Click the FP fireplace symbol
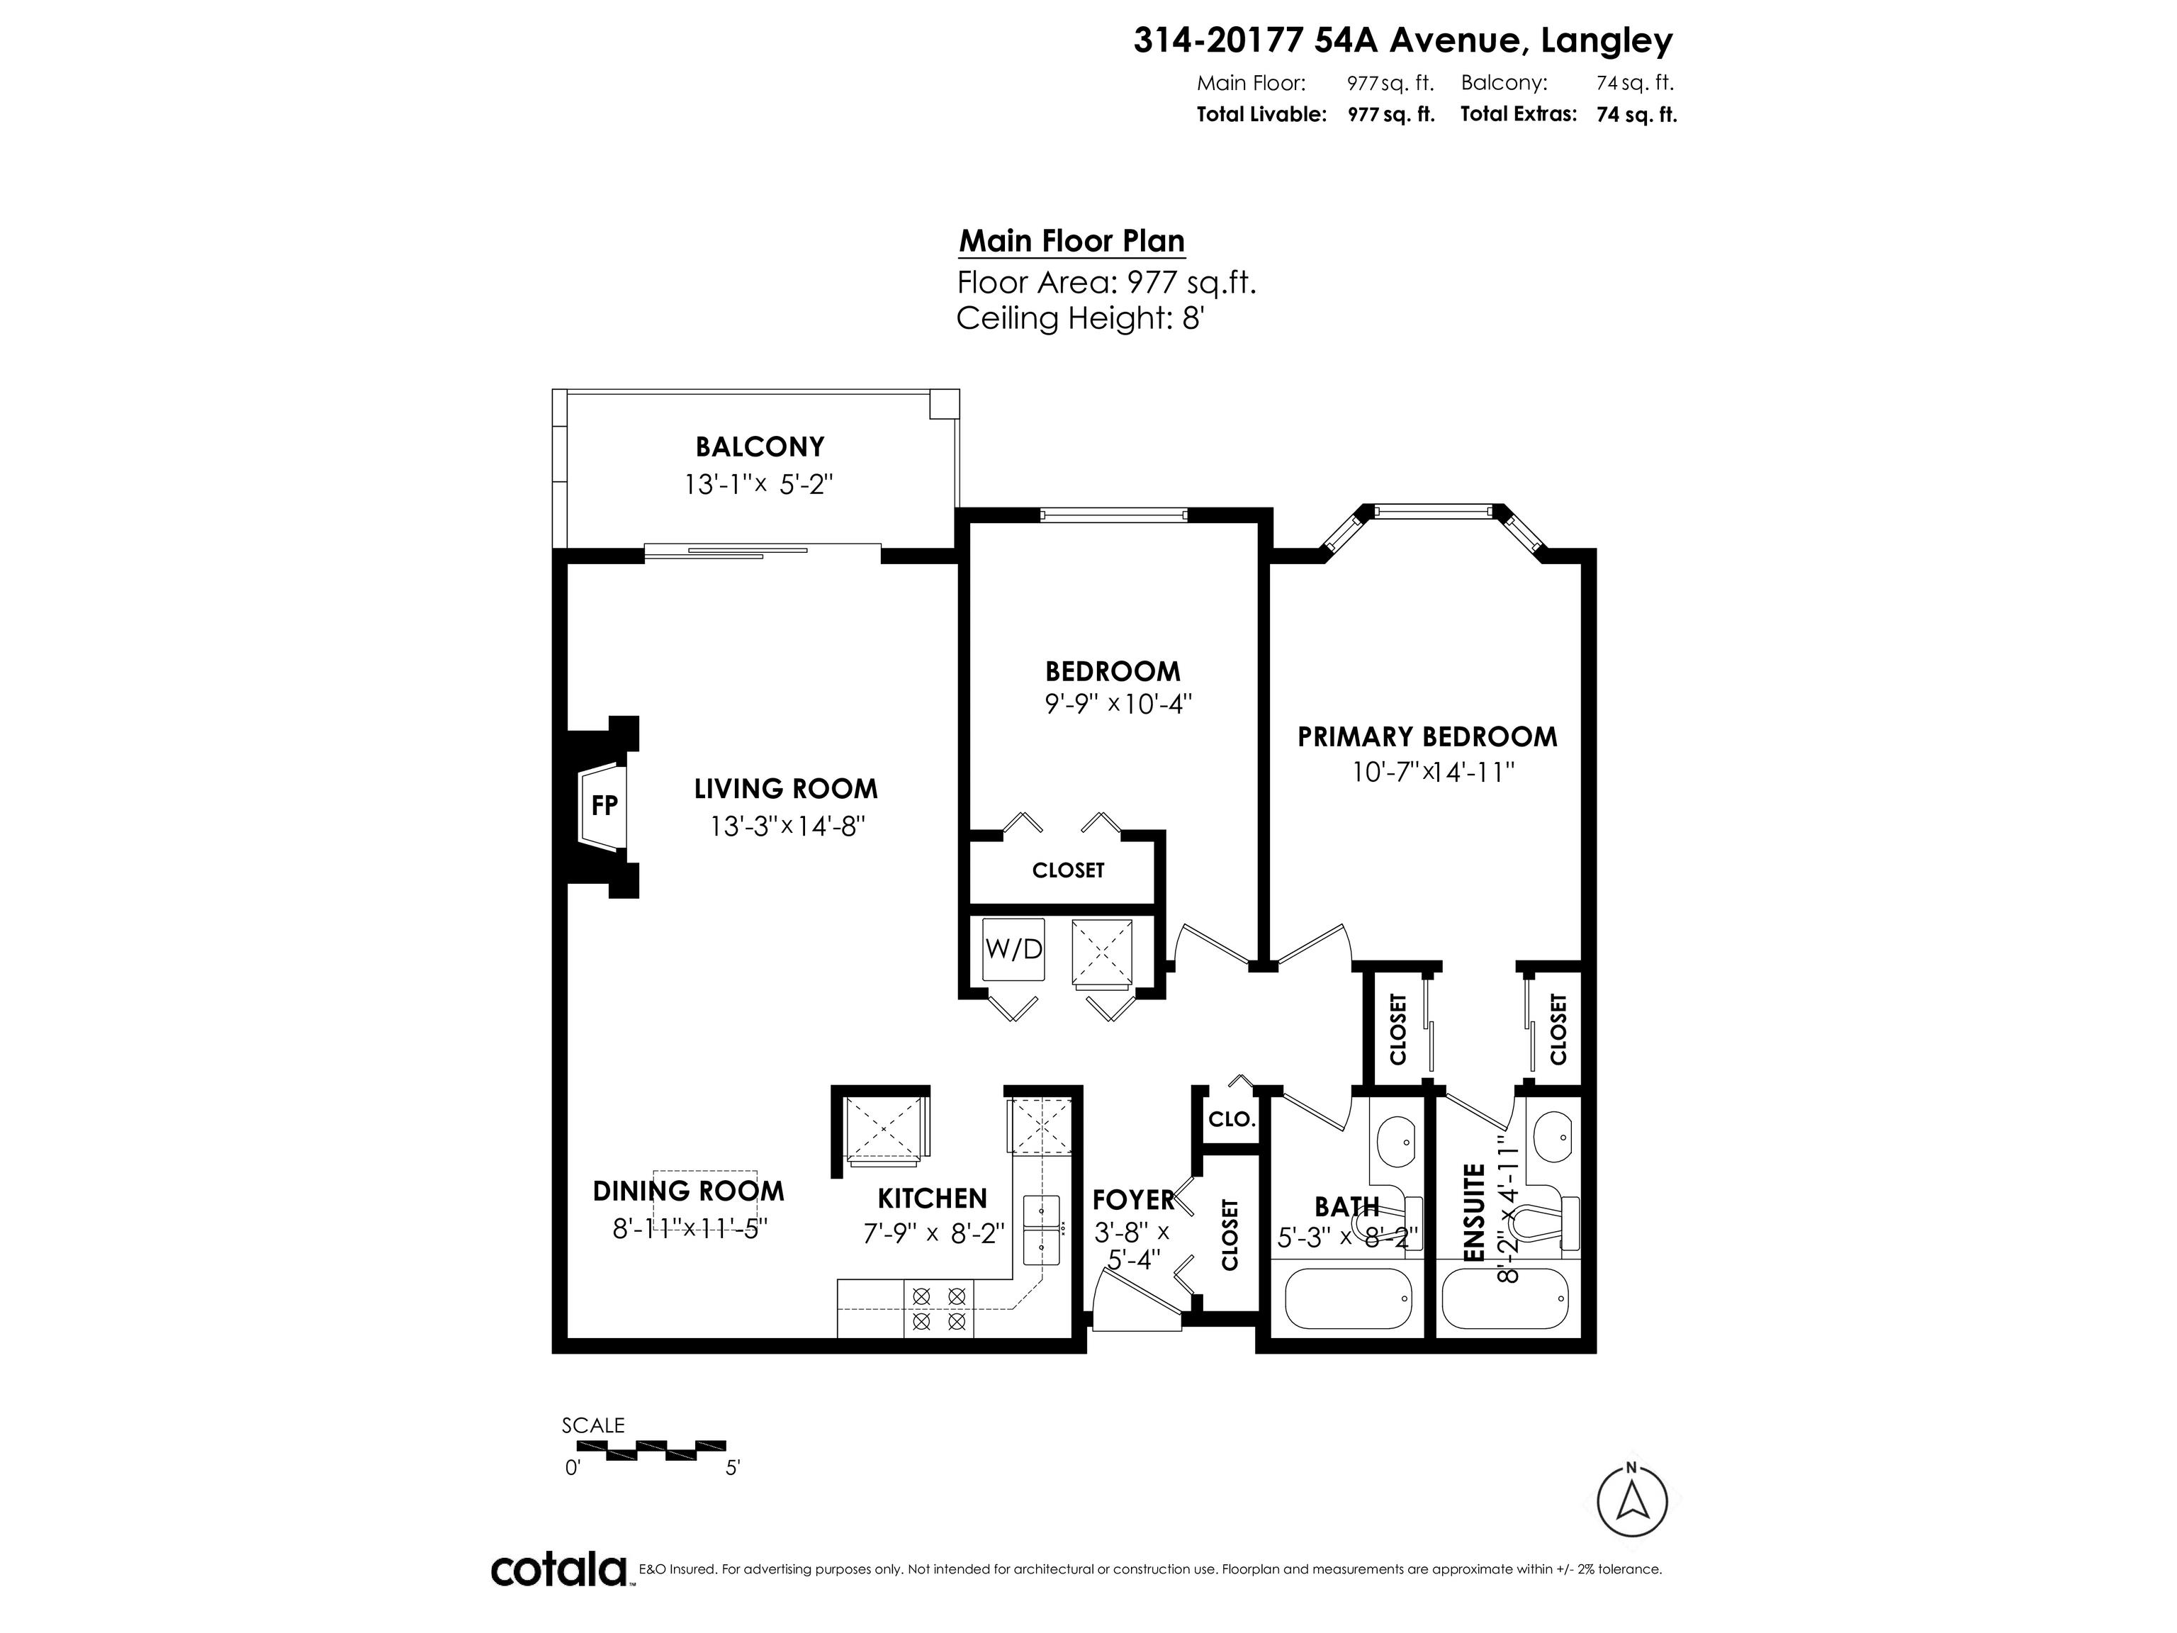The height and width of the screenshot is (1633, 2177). click(x=602, y=806)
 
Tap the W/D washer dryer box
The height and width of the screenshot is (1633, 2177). click(x=1013, y=950)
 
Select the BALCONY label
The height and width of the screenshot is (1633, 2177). click(x=760, y=447)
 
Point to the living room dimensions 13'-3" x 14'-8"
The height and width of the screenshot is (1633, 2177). click(x=787, y=826)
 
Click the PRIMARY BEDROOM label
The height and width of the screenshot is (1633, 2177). click(x=1427, y=736)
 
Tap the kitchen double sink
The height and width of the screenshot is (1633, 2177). click(x=1041, y=1228)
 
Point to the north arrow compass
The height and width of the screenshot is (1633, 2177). click(x=1632, y=1501)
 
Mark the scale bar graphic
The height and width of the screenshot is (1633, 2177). click(x=651, y=1450)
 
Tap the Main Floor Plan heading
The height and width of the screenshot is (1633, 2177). click(x=1071, y=241)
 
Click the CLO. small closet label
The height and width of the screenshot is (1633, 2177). click(x=1231, y=1119)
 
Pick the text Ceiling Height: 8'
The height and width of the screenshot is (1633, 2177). click(x=1081, y=318)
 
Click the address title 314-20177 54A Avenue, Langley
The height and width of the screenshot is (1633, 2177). click(x=1403, y=40)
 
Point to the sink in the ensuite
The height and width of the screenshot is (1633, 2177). click(x=1552, y=1139)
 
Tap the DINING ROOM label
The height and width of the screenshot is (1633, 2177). click(x=688, y=1191)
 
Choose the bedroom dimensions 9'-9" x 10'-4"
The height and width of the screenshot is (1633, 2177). click(x=1118, y=704)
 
